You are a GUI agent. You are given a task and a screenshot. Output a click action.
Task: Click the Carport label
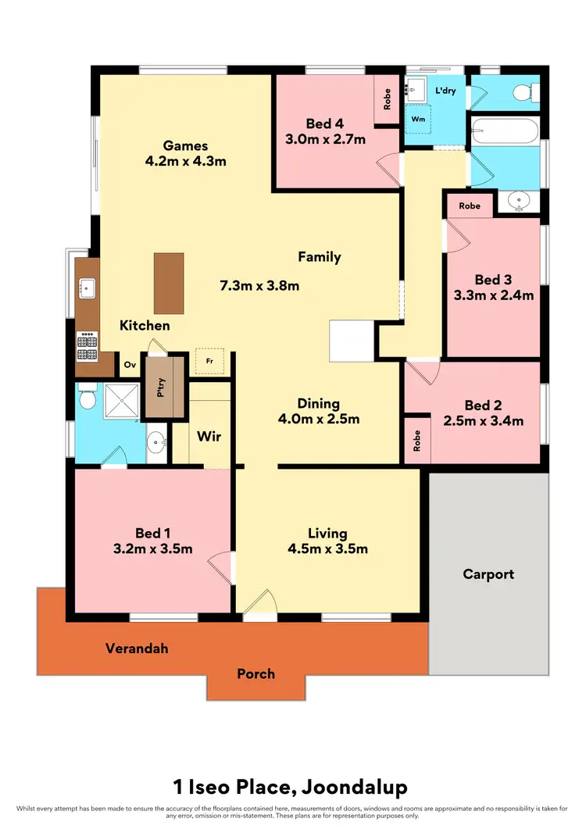488,574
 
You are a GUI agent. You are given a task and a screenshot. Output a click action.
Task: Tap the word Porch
256,674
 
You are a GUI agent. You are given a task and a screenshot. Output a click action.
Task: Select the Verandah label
138,649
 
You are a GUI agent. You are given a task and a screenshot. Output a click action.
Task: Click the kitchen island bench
169,281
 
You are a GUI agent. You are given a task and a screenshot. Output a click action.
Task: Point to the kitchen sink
87,288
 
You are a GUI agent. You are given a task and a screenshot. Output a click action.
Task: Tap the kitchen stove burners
86,345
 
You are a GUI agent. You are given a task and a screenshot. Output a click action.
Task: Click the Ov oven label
130,365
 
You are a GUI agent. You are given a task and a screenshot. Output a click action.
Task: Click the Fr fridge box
209,361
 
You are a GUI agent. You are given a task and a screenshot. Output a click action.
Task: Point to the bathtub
505,130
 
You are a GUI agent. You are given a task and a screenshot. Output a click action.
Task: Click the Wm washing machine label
419,120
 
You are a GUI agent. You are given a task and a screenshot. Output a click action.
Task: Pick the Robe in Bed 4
387,98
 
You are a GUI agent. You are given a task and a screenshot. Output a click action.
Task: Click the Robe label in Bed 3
470,206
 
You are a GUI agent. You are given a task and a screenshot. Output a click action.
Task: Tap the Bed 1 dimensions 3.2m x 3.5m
153,548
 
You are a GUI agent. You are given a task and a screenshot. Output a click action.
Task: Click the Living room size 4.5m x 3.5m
327,548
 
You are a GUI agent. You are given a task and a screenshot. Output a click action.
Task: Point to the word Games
186,145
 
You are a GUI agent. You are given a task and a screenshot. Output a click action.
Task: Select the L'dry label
445,91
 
